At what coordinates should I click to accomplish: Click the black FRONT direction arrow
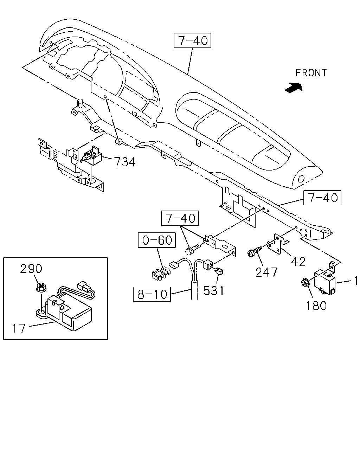(294, 88)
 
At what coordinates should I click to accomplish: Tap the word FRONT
(311, 73)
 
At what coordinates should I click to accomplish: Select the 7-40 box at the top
(192, 40)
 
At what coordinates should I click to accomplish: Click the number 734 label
(125, 162)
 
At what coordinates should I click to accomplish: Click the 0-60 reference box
(157, 240)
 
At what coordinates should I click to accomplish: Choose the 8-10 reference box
(152, 294)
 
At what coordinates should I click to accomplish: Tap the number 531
(213, 290)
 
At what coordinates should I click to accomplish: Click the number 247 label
(266, 272)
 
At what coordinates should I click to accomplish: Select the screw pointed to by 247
(255, 252)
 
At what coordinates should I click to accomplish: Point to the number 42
(298, 261)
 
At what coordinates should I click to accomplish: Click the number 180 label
(316, 306)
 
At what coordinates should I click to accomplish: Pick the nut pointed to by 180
(304, 283)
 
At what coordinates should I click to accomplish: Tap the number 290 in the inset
(31, 269)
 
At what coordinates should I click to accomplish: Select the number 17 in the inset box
(19, 328)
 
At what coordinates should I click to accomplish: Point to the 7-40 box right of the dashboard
(322, 198)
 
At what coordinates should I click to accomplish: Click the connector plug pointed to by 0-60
(161, 274)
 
